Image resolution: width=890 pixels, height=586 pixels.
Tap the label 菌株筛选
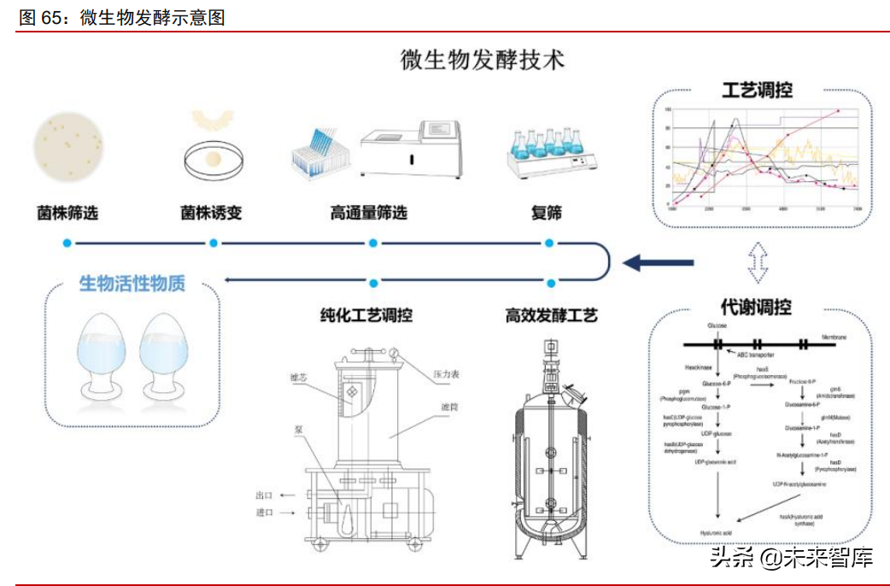point(67,212)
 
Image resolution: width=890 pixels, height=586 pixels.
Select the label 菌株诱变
point(211,212)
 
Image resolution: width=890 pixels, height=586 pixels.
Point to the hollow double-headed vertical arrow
point(756,262)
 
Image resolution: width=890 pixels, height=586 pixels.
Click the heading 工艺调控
point(757,91)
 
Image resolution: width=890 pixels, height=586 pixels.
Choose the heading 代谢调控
point(756,306)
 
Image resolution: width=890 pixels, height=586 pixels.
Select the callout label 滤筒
point(449,407)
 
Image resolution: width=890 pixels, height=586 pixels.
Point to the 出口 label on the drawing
point(264,495)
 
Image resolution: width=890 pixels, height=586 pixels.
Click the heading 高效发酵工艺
point(551,315)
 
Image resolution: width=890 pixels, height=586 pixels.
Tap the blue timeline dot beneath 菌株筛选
point(67,243)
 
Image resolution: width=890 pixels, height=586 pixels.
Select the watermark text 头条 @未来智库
point(791,559)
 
